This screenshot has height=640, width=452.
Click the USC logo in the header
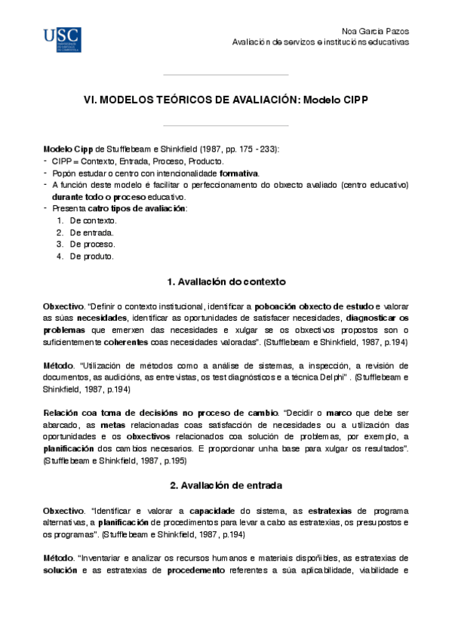coord(62,38)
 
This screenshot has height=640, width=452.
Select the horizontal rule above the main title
coord(226,75)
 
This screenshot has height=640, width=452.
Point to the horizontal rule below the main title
coord(226,126)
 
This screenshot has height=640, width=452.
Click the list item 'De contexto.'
coord(93,220)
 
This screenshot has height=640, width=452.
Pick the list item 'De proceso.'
coord(92,245)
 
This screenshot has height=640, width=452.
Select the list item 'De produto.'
coord(91,257)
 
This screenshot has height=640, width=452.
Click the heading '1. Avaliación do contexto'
coord(226,282)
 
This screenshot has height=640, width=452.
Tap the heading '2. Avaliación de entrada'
coord(226,485)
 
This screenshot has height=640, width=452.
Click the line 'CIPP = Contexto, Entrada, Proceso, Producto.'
coord(137,162)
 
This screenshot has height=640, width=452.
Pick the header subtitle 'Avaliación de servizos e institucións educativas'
coord(321,42)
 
